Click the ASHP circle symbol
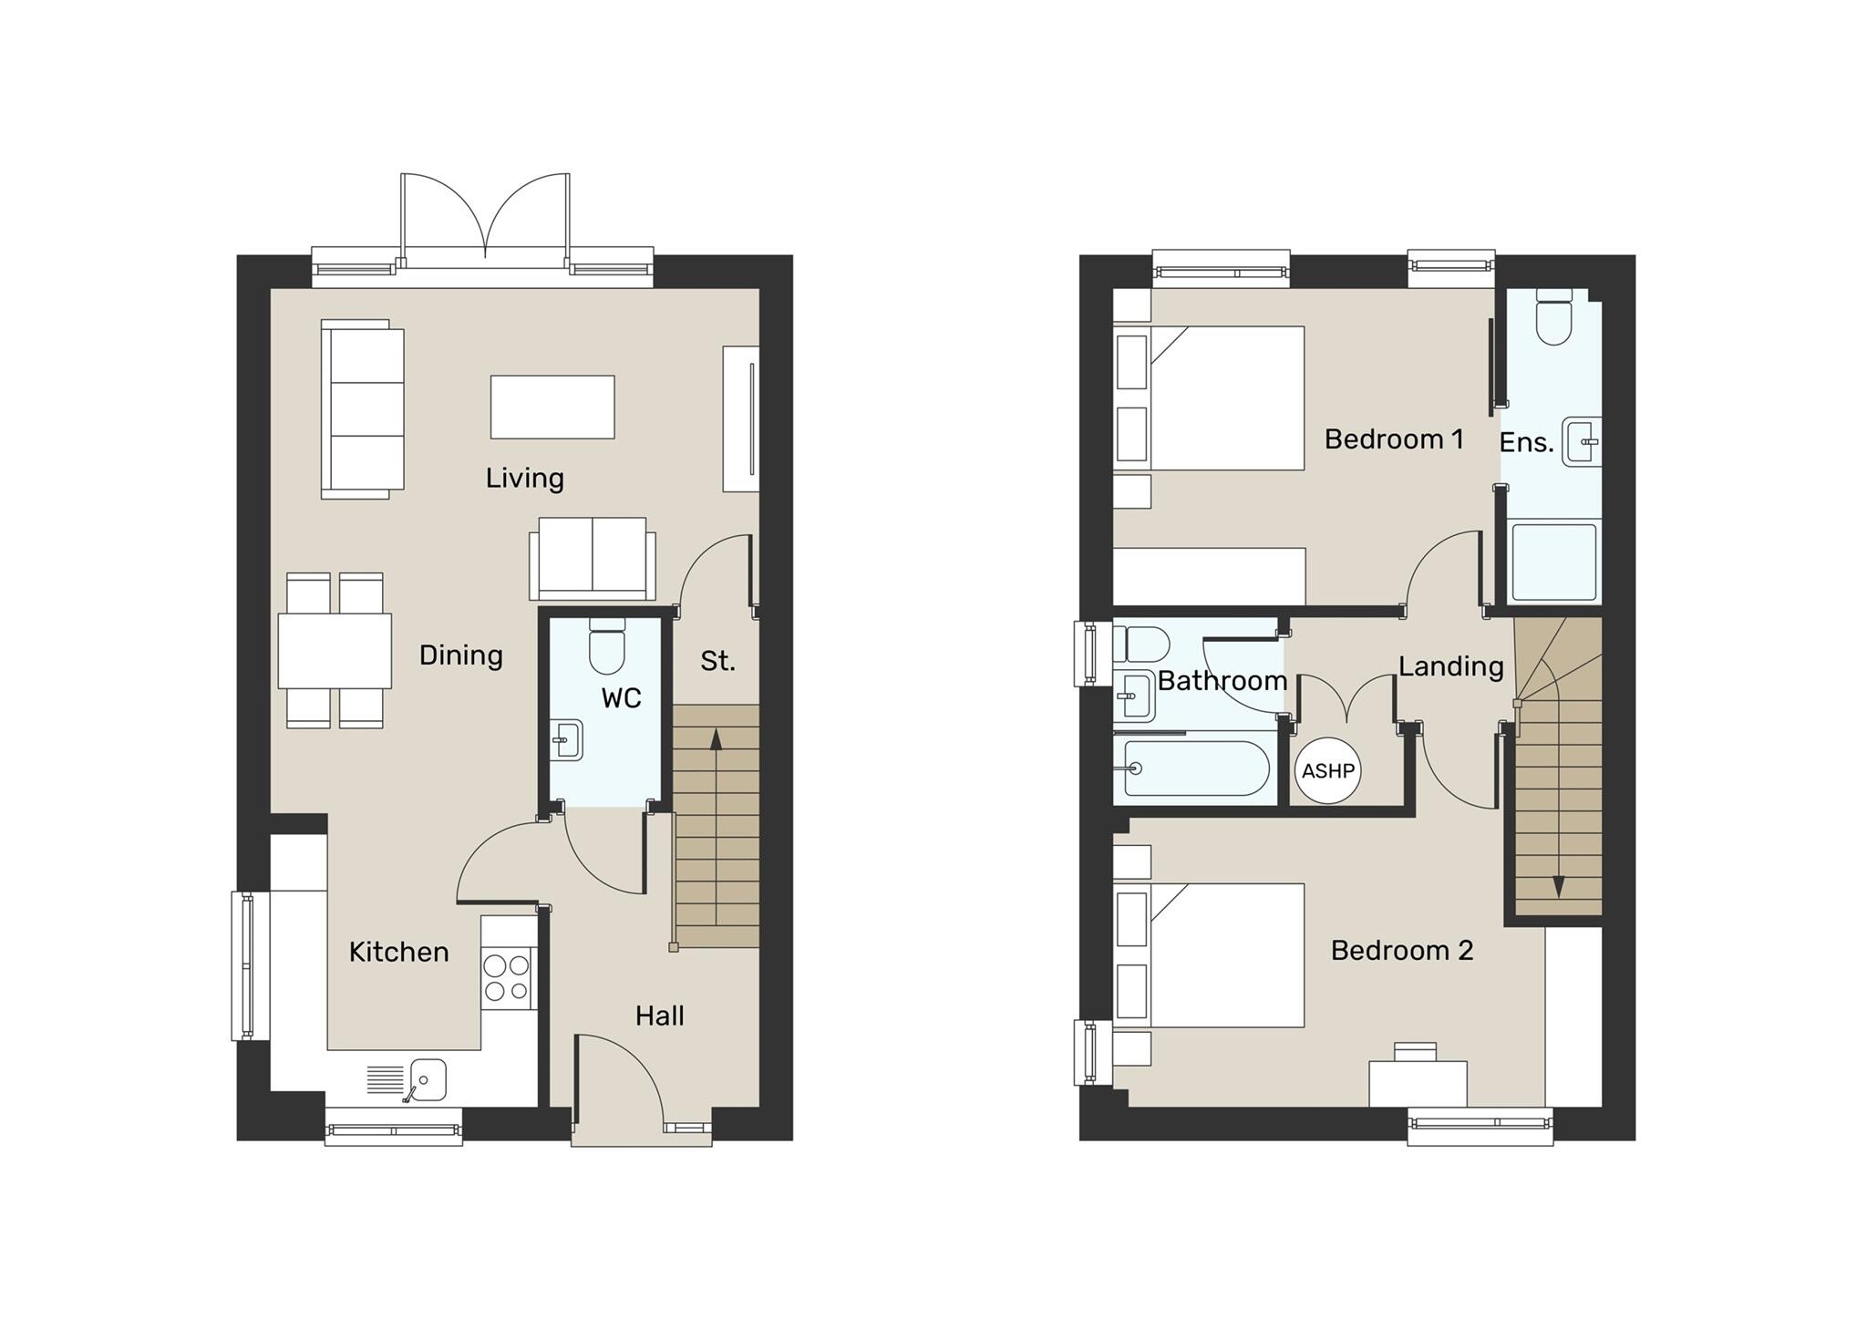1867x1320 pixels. pos(1327,771)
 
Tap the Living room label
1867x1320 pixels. pos(524,479)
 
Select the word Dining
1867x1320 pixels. pos(460,655)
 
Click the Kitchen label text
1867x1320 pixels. pos(398,953)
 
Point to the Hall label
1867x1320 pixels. pos(659,1016)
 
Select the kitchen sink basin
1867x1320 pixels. pos(427,1079)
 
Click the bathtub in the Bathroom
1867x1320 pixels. pos(1195,768)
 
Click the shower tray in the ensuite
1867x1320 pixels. pos(1553,562)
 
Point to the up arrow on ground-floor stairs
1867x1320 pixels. pos(716,738)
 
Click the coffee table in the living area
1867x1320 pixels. pos(552,407)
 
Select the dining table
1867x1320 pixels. pos(335,651)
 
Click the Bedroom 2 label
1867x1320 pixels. pos(1401,951)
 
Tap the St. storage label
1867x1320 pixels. pos(717,661)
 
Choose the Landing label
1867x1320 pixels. pos(1450,666)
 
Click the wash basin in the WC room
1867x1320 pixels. pos(567,739)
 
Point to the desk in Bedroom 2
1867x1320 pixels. pos(1418,1082)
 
